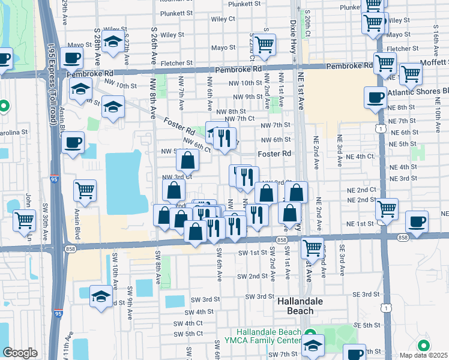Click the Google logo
[20, 353]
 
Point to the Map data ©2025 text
[424, 355]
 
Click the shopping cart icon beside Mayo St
[264, 45]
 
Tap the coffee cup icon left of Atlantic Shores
[376, 97]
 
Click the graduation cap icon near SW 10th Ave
[101, 296]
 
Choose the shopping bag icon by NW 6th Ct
[187, 160]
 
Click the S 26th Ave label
[154, 42]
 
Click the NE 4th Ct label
[373, 157]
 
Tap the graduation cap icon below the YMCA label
[313, 345]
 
